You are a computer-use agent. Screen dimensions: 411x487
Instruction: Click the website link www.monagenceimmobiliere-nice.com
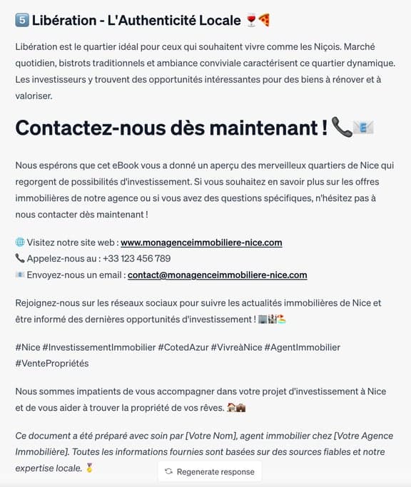point(201,242)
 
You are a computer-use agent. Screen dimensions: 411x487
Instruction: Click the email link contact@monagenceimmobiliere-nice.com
point(217,275)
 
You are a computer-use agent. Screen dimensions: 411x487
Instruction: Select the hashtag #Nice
point(27,347)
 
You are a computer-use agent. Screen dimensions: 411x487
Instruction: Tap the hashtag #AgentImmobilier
point(303,347)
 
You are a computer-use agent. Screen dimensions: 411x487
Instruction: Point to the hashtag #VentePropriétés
point(52,363)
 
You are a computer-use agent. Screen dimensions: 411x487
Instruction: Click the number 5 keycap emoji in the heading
point(21,20)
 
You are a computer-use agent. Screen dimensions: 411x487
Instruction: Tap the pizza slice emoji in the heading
point(264,20)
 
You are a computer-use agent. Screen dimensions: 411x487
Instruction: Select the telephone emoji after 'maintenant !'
point(342,128)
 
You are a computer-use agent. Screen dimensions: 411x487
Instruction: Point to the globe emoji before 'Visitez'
point(19,242)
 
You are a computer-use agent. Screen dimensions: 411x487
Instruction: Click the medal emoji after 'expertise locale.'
point(89,468)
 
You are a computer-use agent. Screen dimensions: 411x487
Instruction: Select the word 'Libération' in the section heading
point(64,20)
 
